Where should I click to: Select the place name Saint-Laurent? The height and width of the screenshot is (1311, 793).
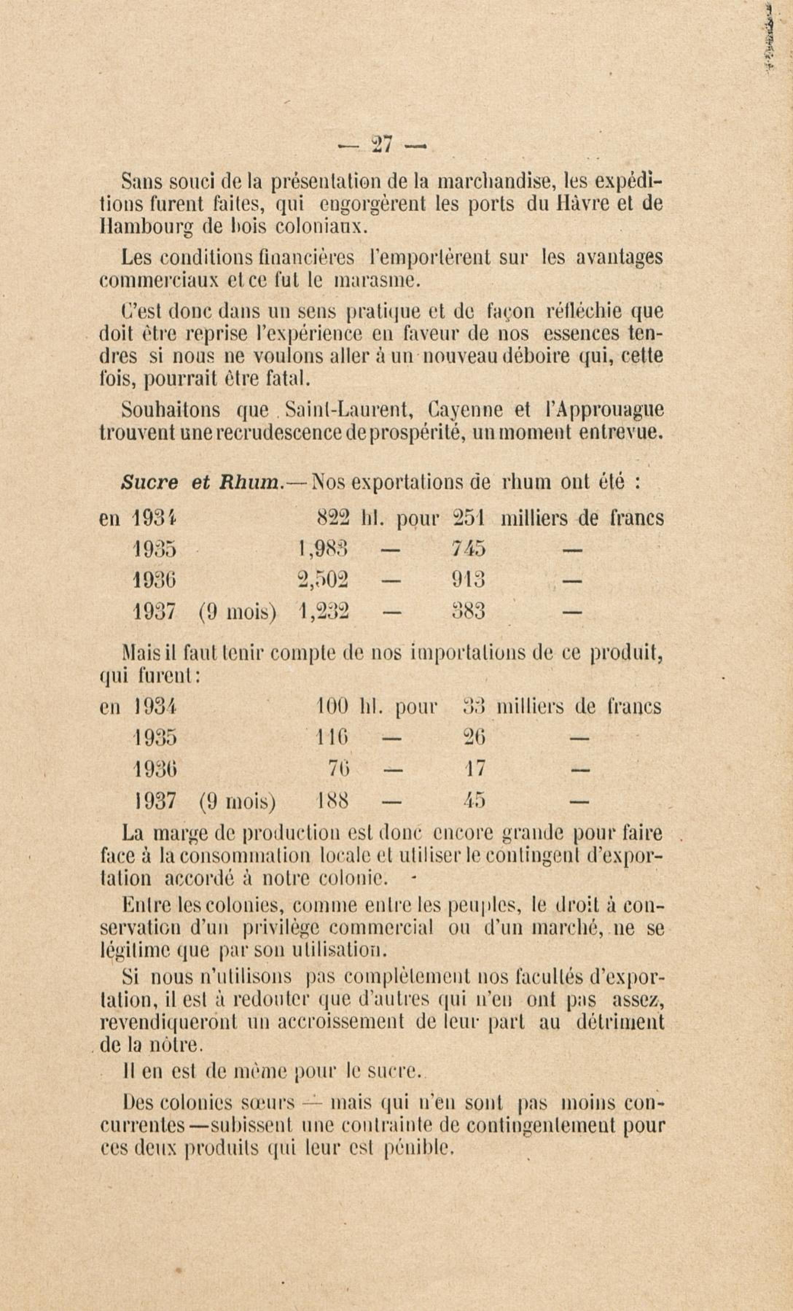[x=350, y=410]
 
